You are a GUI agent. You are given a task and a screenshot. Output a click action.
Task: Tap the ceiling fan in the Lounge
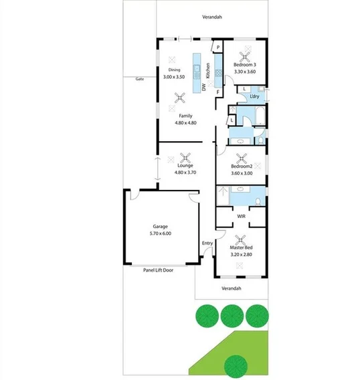pos(188,159)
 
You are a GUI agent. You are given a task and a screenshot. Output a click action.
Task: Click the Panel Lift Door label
pos(159,270)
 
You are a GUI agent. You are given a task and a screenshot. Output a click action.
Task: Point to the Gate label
pos(140,79)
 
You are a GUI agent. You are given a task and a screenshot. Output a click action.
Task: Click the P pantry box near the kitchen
pos(217,47)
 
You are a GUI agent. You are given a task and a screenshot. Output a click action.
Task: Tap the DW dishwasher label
pos(204,88)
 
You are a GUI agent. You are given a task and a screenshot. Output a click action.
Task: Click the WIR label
pos(242,216)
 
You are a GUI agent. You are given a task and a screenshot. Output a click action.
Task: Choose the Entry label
pos(207,243)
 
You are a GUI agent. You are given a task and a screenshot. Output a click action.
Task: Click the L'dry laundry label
pos(254,96)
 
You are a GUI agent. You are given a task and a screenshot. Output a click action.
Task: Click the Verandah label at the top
pos(213,17)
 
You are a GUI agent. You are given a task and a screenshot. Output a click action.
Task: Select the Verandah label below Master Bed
pos(230,288)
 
